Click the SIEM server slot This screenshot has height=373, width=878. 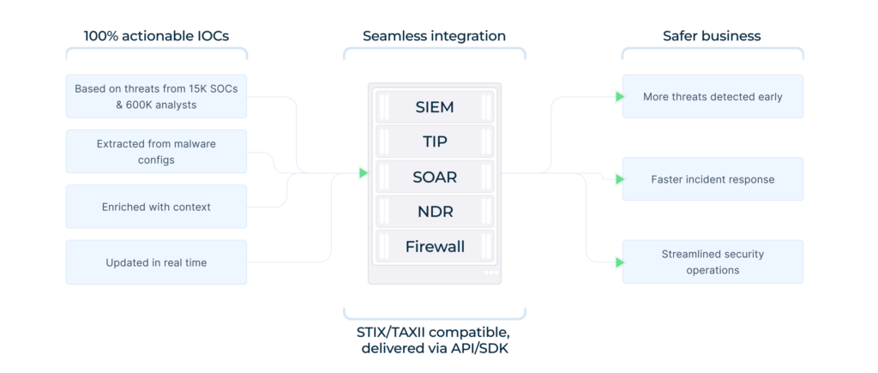click(x=435, y=107)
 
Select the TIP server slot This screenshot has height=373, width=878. click(x=435, y=141)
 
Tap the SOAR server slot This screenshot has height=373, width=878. click(x=435, y=177)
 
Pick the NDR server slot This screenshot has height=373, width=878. click(x=435, y=212)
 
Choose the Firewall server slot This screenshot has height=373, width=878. click(x=435, y=247)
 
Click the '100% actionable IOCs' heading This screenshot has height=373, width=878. click(x=156, y=36)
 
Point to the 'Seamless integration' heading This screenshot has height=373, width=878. click(x=434, y=36)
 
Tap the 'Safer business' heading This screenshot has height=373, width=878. click(x=712, y=36)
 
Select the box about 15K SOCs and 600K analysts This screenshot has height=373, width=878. click(x=156, y=96)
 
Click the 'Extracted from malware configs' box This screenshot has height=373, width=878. click(x=156, y=152)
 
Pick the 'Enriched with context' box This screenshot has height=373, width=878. click(x=156, y=207)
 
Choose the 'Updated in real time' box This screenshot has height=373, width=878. click(x=156, y=262)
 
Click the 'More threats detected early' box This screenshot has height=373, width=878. click(x=713, y=97)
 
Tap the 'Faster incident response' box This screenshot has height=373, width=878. click(x=713, y=179)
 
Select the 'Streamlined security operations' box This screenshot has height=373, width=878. click(x=713, y=262)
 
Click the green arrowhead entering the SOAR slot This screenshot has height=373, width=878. click(x=364, y=173)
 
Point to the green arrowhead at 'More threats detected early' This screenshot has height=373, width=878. click(x=619, y=97)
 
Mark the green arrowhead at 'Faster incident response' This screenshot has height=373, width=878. click(x=619, y=179)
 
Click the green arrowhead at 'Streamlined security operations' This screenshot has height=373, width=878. click(x=619, y=262)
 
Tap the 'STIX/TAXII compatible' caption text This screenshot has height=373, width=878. click(x=434, y=332)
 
